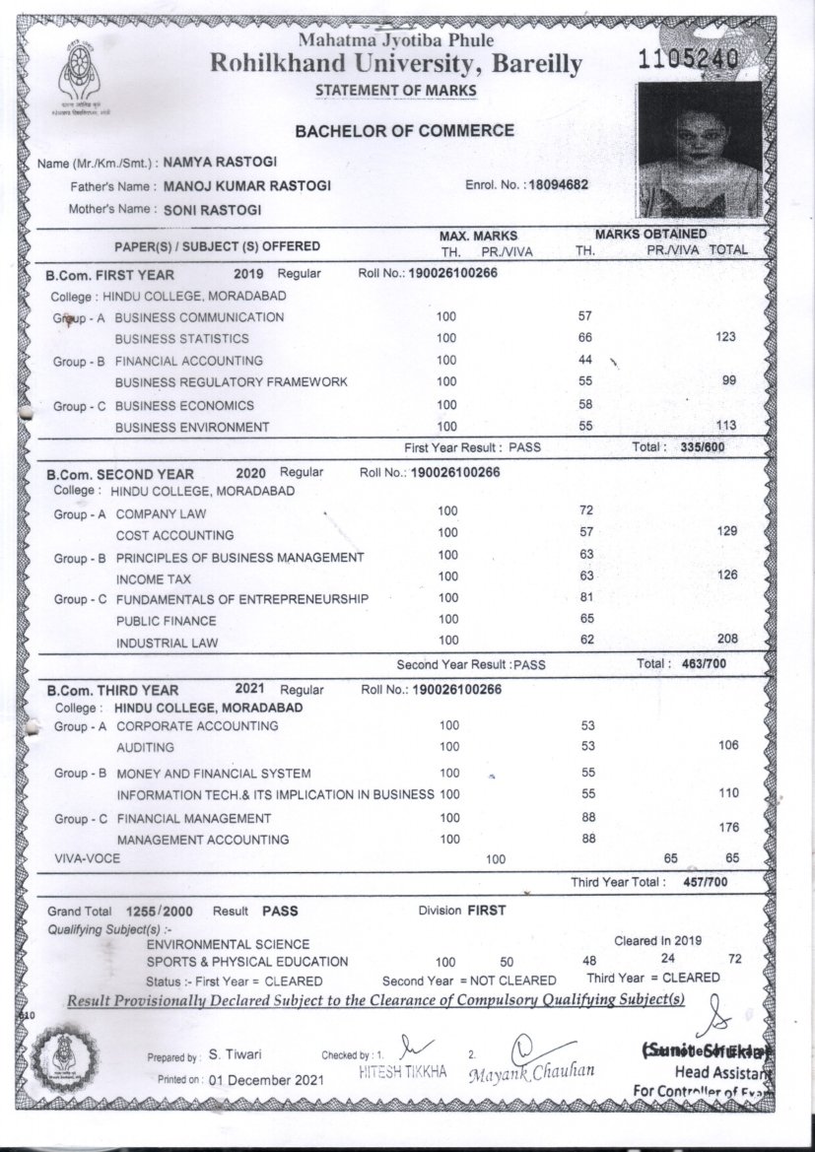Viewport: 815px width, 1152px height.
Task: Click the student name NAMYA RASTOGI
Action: [220, 163]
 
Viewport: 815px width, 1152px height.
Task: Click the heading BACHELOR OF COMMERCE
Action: [404, 130]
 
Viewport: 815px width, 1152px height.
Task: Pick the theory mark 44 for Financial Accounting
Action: [584, 360]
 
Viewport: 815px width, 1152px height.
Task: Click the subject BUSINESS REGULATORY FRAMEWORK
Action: [231, 382]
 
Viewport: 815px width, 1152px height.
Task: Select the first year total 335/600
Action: [704, 447]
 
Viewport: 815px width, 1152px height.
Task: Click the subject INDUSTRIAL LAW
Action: [167, 644]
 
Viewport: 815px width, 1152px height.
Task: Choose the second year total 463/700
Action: [704, 663]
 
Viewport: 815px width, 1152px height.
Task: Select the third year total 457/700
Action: [704, 882]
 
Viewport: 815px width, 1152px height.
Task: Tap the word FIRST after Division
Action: [487, 911]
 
